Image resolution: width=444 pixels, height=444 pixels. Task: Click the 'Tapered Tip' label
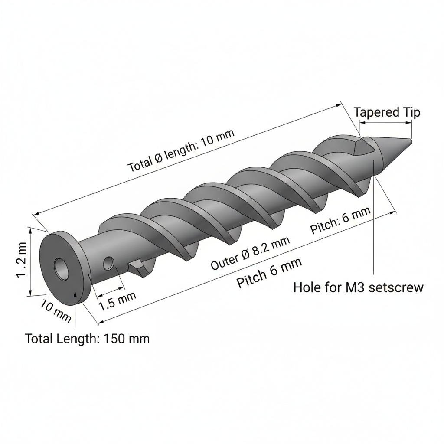tap(387, 112)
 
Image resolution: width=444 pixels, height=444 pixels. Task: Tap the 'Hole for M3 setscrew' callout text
tap(359, 287)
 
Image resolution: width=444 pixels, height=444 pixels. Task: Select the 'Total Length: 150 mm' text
tap(87, 338)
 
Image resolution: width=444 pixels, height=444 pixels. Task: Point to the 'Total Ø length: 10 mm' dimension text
tap(181, 150)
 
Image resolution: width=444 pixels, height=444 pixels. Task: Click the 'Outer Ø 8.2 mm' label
tap(250, 252)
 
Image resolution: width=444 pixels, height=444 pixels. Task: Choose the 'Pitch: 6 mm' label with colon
tap(340, 220)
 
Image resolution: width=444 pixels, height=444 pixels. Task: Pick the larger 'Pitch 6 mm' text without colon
tap(269, 273)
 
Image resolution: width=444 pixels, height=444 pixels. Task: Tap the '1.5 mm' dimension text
tap(117, 301)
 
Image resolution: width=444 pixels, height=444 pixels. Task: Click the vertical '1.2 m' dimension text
tap(22, 260)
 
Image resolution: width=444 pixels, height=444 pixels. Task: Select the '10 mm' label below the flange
tap(55, 311)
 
